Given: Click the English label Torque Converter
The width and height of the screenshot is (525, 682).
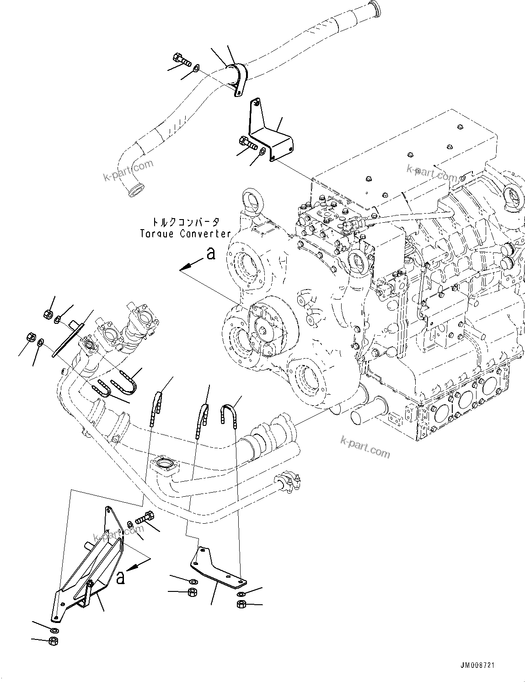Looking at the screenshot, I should (185, 234).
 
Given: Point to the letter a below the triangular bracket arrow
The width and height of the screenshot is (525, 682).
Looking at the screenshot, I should (120, 577).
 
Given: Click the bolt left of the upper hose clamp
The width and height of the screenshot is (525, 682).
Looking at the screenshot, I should (182, 60).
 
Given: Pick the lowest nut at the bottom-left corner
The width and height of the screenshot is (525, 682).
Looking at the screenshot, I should (53, 640).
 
